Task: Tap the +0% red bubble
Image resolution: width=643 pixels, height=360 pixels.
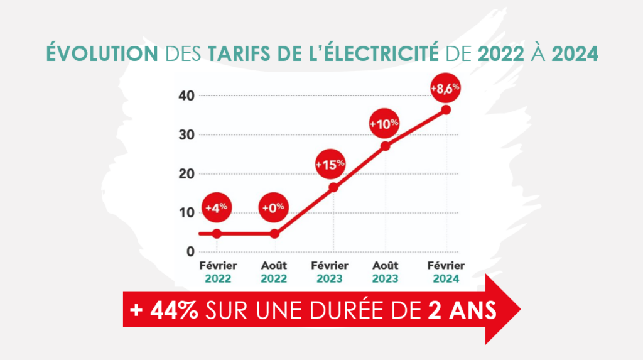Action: point(274,207)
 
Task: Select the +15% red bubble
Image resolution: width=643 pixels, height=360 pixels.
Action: point(330,164)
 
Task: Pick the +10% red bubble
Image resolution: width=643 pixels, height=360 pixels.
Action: point(384,124)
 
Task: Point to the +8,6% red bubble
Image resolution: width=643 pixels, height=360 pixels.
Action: point(445,88)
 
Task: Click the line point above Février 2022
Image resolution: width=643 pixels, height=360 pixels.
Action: point(217,234)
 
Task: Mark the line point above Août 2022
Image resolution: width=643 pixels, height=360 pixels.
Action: point(274,234)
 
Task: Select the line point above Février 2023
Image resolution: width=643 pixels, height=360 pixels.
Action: point(333,187)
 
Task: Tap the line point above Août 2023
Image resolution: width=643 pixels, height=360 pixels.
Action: point(386,146)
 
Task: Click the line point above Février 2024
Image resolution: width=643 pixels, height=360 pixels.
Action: point(446,109)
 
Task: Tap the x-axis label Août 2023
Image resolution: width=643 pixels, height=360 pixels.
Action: point(386,272)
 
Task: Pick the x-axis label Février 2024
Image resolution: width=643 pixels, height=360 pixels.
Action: point(446,272)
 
